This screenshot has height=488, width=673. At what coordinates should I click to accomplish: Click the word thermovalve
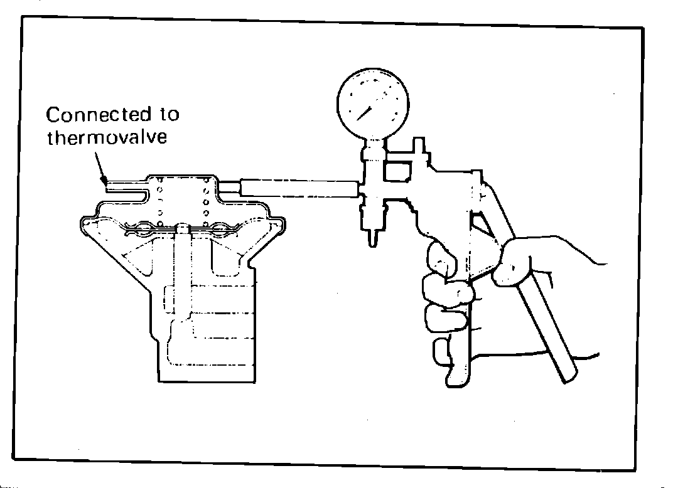pos(107,137)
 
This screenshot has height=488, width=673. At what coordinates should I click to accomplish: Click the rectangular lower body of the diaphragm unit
pos(207,332)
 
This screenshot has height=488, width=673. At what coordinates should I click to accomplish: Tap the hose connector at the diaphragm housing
pos(229,187)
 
